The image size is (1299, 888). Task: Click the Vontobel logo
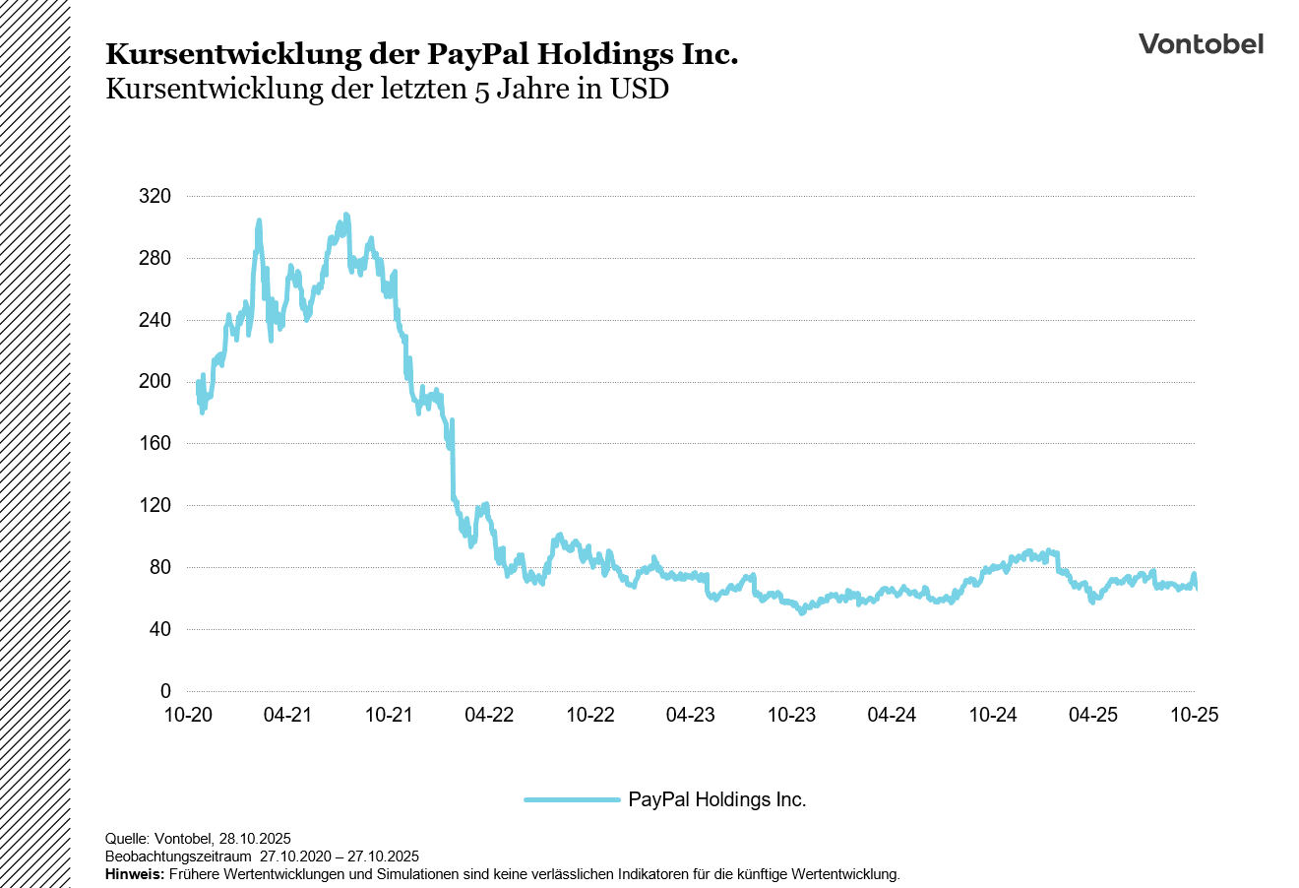[1201, 44]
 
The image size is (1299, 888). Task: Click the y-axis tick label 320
[155, 197]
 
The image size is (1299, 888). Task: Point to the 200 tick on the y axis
[155, 382]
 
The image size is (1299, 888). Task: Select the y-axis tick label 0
[165, 691]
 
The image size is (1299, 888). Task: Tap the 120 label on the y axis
[155, 506]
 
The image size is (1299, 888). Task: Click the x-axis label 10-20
[187, 715]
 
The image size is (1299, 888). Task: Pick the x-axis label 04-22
[489, 715]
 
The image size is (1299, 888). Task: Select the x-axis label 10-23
[791, 715]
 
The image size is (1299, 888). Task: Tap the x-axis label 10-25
[1194, 715]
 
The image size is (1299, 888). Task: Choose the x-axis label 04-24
[892, 715]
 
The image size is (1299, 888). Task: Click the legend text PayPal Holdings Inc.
[716, 800]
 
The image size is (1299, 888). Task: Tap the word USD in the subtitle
[639, 90]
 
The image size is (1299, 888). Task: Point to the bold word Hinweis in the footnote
[135, 874]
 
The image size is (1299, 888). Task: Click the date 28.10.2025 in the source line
[254, 839]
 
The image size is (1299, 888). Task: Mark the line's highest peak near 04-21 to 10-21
[345, 215]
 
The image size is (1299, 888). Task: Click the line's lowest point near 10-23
[801, 611]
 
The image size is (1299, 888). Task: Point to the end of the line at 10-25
[1195, 588]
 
